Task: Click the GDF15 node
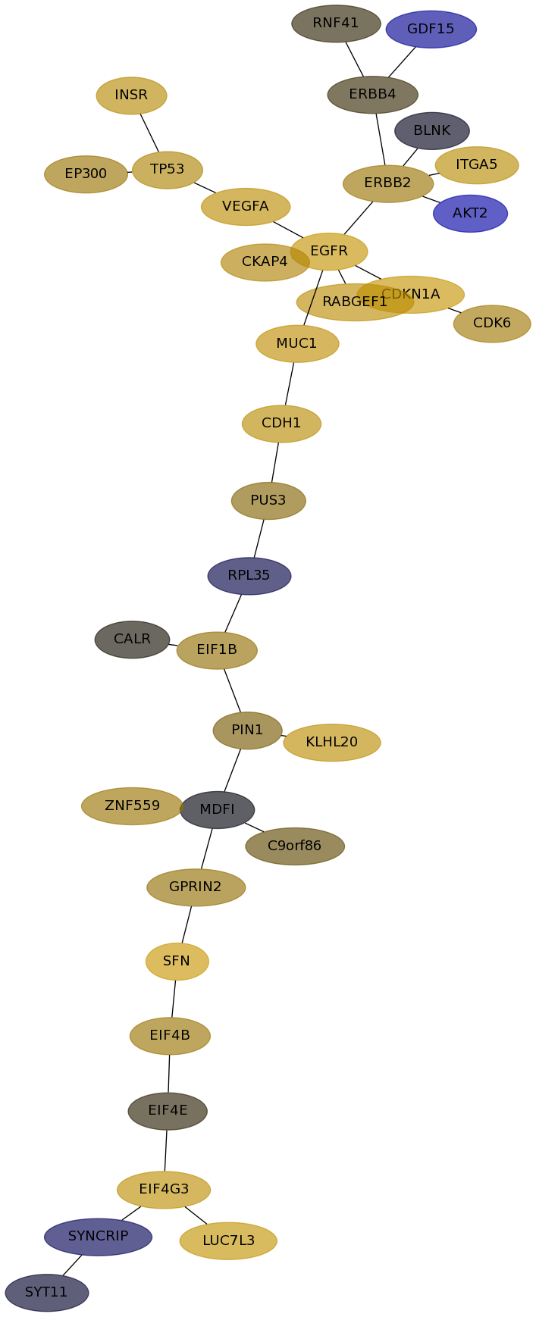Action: coord(431,30)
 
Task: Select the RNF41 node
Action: coord(336,23)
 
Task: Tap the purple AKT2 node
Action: coord(470,214)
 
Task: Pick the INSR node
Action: coord(131,95)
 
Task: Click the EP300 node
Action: coord(86,174)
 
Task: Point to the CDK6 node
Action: coord(492,324)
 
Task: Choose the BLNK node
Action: coord(432,131)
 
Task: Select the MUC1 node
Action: coord(297,344)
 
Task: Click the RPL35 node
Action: coord(249,576)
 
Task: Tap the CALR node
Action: coord(132,640)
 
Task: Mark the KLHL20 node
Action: coord(332,743)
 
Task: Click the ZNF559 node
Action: coord(132,806)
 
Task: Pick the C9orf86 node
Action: coord(295,846)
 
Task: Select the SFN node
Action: coord(177,962)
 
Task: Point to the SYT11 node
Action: coord(47,1293)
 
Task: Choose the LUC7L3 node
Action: coord(228,1241)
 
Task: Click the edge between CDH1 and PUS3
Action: coord(275,462)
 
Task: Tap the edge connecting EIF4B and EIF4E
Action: coord(169,1074)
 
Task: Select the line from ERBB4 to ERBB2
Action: coord(381,139)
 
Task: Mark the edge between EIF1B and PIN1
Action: coord(232,690)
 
